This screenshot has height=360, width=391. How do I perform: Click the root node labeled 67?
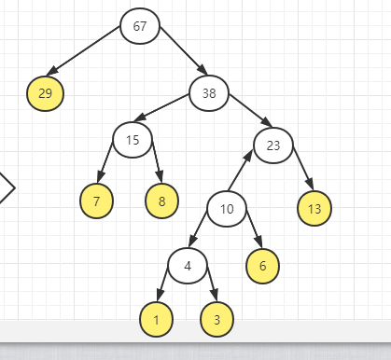[x=140, y=25]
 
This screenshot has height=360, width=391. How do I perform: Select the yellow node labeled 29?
[x=45, y=92]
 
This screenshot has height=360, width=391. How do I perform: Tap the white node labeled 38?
[x=209, y=91]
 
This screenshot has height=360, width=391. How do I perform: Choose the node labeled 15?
[x=133, y=140]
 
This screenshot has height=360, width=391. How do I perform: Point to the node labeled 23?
[x=273, y=145]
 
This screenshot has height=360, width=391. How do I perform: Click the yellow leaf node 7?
[x=97, y=201]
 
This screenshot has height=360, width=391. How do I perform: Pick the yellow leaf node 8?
[x=162, y=201]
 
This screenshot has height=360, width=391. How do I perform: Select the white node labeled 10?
[x=227, y=208]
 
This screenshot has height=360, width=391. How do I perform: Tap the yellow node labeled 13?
[x=314, y=208]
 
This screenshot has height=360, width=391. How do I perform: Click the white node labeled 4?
[x=188, y=266]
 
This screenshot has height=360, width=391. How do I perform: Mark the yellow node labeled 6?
[x=263, y=266]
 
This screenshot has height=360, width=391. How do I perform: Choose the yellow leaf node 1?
[x=157, y=320]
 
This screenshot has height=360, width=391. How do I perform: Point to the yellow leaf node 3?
[x=217, y=320]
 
